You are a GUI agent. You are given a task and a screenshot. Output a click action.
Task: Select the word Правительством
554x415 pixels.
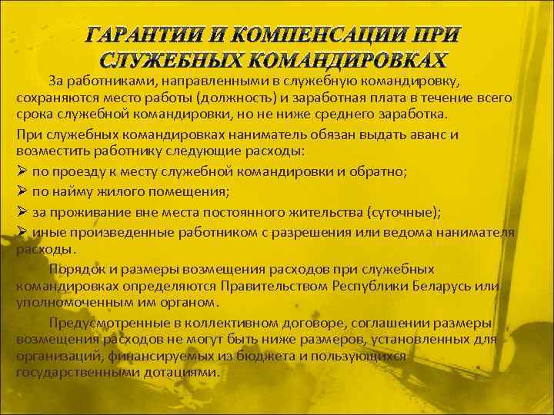(x=273, y=286)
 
